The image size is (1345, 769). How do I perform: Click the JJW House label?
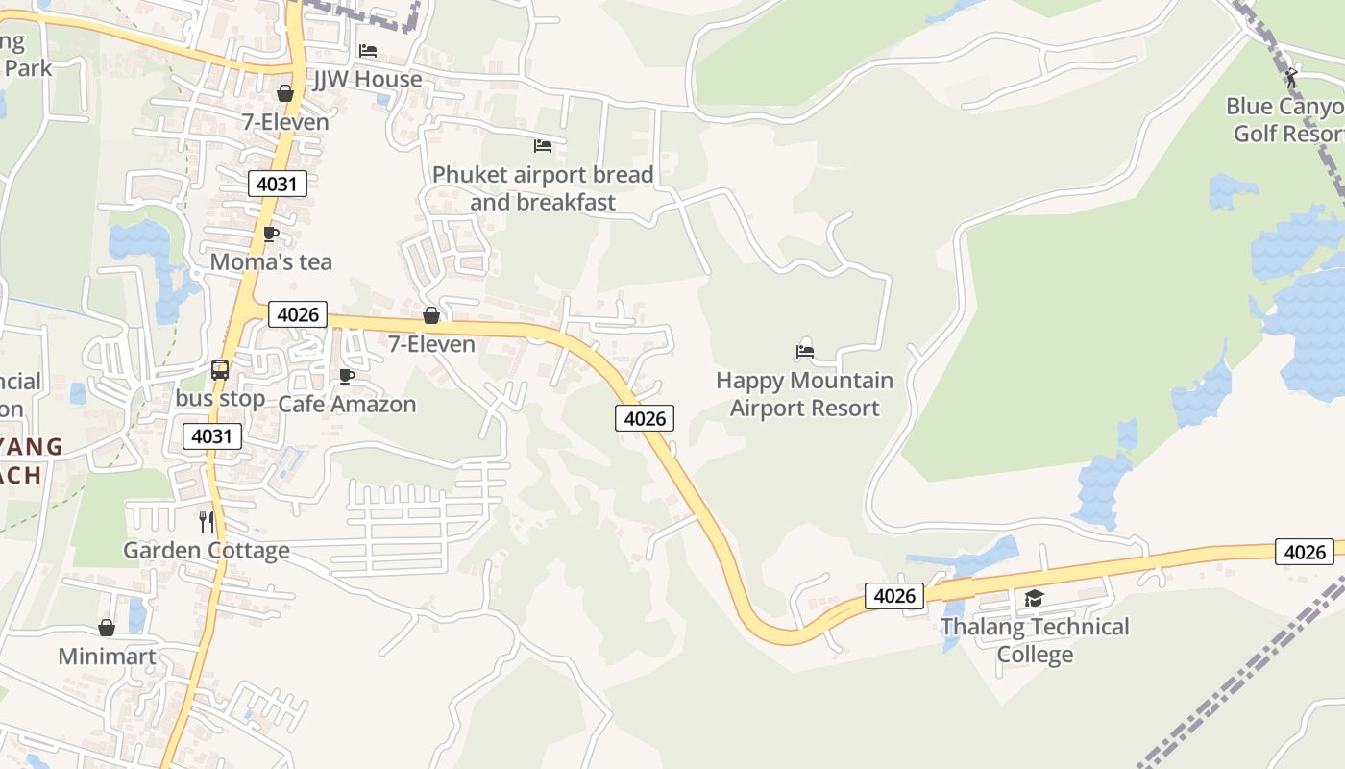point(368,79)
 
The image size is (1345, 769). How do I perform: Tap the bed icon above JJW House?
point(368,51)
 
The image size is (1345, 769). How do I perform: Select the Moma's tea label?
point(271,261)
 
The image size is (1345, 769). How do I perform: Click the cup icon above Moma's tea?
point(271,234)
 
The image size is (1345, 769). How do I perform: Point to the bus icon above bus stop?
point(220,369)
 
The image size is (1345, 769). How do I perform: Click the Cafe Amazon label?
point(347,404)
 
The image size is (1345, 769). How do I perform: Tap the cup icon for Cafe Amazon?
point(347,376)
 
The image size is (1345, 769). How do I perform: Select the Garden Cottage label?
point(207,550)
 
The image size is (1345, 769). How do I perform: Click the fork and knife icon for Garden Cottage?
point(207,522)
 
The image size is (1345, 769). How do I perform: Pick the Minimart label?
point(107,657)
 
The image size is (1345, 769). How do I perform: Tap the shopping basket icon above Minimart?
point(107,629)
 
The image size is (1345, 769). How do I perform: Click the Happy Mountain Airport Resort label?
point(805,394)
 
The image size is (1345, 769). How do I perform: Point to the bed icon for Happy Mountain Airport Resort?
point(805,352)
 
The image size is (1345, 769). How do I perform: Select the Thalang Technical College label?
point(1035,640)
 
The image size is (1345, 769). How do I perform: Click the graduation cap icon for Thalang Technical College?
point(1034,599)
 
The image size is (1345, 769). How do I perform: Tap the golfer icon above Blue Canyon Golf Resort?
point(1291,77)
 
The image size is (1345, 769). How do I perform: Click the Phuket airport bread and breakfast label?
point(543,188)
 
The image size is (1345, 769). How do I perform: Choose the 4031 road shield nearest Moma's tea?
point(278,183)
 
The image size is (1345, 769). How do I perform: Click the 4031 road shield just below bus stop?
point(212,436)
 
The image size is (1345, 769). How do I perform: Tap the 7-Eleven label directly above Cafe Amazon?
point(431,343)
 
